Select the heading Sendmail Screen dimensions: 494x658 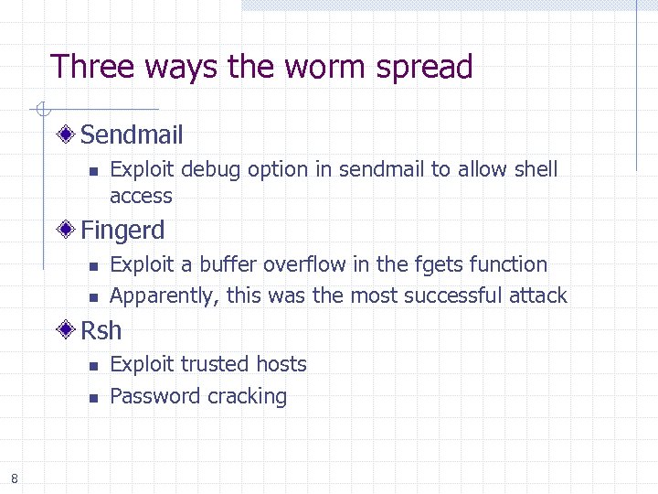click(x=132, y=135)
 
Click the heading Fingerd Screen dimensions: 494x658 click(x=122, y=230)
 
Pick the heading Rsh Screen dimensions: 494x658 click(x=101, y=330)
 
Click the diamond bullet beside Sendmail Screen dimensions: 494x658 click(x=66, y=135)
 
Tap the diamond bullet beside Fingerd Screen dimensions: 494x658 click(x=66, y=230)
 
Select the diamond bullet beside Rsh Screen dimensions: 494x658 click(x=66, y=330)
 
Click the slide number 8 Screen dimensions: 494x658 click(x=15, y=478)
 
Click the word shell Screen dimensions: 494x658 click(x=536, y=169)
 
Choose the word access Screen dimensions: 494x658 click(x=141, y=196)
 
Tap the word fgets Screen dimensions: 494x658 click(x=440, y=264)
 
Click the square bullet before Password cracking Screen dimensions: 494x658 click(x=92, y=398)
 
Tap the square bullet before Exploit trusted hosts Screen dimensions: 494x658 click(x=92, y=366)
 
